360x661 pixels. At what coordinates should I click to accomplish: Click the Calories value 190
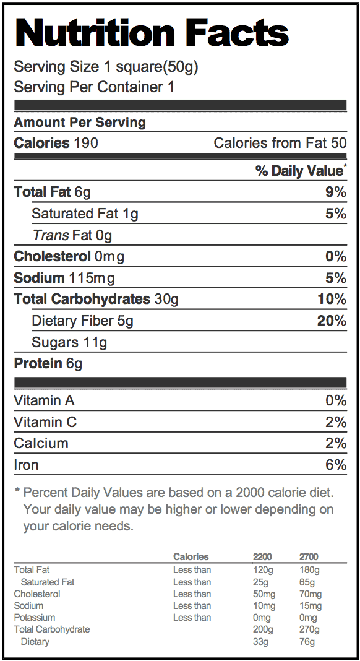[x=86, y=143]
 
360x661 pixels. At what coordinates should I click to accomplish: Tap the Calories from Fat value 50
[x=339, y=143]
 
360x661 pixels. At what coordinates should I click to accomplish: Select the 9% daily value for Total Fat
[x=335, y=192]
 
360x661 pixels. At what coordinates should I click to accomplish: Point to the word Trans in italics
[x=51, y=235]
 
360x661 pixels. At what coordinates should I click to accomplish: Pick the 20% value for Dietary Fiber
[x=332, y=321]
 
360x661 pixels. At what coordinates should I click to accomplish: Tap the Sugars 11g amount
[x=95, y=343]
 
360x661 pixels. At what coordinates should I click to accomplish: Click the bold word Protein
[x=38, y=363]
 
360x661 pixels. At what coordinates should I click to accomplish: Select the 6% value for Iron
[x=336, y=465]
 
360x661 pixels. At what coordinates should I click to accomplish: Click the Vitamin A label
[x=45, y=400]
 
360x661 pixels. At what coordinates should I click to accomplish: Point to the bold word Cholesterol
[x=53, y=256]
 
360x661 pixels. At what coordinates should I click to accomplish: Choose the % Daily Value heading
[x=301, y=171]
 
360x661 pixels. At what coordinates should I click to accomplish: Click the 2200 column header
[x=262, y=557]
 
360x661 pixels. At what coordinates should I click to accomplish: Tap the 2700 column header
[x=309, y=557]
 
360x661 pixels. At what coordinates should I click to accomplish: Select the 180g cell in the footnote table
[x=309, y=571]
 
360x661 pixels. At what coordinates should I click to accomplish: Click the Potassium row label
[x=35, y=618]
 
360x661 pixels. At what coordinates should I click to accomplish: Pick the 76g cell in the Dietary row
[x=307, y=642]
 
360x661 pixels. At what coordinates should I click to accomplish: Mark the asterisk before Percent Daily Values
[x=17, y=491]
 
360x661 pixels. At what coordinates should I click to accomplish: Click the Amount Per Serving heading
[x=80, y=123]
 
